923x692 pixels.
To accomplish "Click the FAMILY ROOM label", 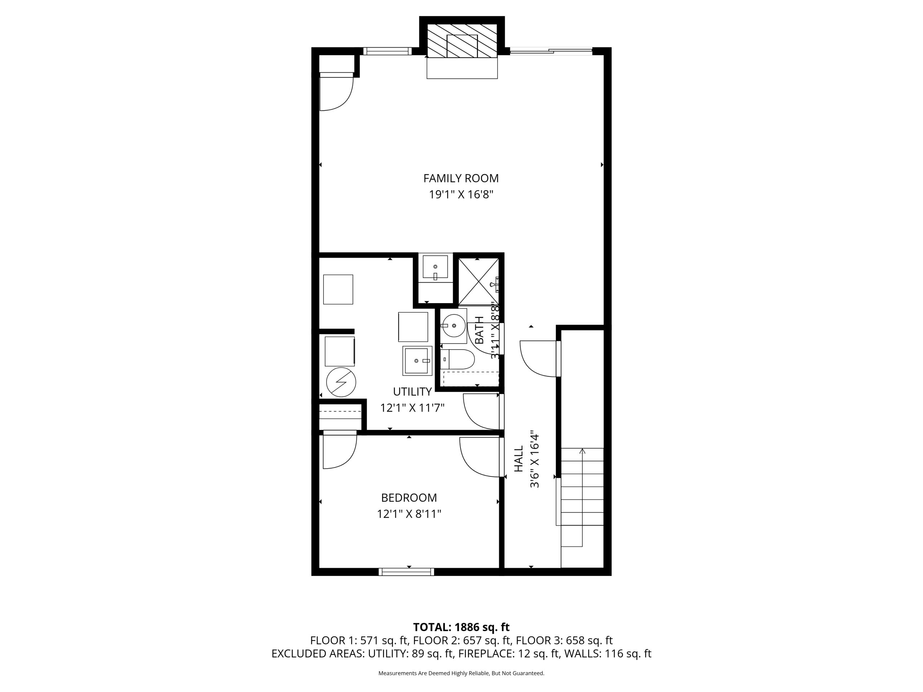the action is coord(461,178).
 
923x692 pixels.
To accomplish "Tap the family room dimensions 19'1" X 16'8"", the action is coord(461,195).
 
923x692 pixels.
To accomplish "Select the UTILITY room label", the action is coord(412,392).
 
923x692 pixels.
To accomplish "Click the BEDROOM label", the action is coord(409,498).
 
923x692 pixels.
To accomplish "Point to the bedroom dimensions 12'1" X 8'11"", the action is coord(409,514).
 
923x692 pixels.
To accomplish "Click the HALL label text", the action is coord(518,459).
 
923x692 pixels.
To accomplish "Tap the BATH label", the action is coord(480,331).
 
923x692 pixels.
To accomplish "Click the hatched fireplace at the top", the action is coord(462,41).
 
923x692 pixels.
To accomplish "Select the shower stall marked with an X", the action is coord(478,281).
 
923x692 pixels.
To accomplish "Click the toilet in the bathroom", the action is coord(457,359).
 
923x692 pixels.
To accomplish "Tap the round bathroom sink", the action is coord(454,325).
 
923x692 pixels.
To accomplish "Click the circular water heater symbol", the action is coord(341,382).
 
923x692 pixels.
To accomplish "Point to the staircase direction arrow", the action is coord(583,497).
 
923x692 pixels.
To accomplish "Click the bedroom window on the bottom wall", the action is coord(406,572).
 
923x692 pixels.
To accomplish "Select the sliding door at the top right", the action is coord(551,51).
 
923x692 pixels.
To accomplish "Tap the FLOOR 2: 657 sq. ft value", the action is coord(462,640).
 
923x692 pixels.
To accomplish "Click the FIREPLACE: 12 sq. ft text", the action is coord(509,654).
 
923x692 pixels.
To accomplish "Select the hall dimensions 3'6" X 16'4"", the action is coord(535,459).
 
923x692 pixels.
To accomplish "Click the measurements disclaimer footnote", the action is coord(461,673).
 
